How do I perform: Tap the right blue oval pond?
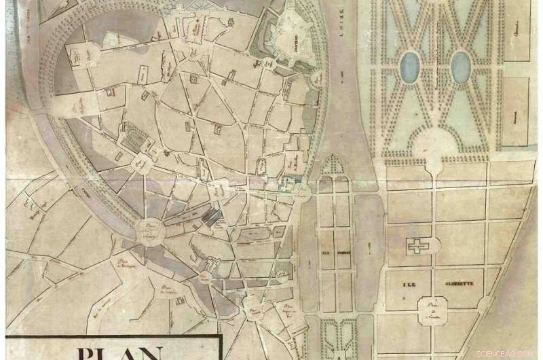pyautogui.click(x=461, y=67)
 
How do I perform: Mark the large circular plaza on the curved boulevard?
pyautogui.click(x=150, y=230)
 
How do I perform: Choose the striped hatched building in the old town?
pyautogui.click(x=140, y=139)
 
